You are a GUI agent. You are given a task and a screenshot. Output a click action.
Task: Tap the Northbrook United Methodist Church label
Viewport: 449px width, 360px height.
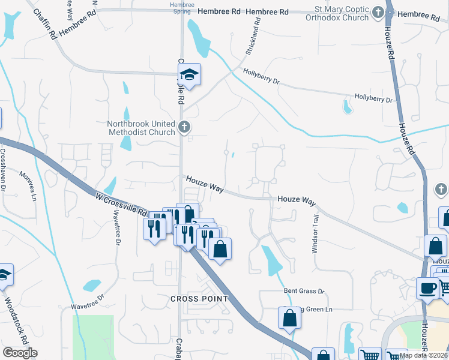[x=141, y=128]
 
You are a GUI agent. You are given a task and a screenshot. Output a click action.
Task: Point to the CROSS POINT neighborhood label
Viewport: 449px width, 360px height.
[x=199, y=298]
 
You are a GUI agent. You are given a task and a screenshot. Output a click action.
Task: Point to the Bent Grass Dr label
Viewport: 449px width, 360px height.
[x=304, y=291]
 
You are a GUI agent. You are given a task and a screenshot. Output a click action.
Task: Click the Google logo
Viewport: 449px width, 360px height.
[x=20, y=353]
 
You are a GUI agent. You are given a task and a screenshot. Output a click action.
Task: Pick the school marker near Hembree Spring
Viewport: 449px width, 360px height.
[x=190, y=75]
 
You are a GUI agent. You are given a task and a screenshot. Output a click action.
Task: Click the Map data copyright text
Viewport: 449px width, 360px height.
[x=424, y=355]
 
